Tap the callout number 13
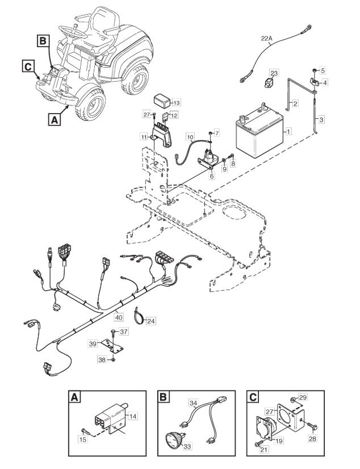coord(177,103)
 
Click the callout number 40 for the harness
coord(119,317)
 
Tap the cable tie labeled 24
coord(139,316)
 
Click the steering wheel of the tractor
coord(72,32)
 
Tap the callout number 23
coord(274,73)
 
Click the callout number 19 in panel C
coord(279,441)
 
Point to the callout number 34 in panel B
coord(193,403)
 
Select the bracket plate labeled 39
coord(112,346)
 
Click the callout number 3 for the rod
coord(321,120)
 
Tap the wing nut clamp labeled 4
coord(313,81)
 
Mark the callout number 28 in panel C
coord(313,439)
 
